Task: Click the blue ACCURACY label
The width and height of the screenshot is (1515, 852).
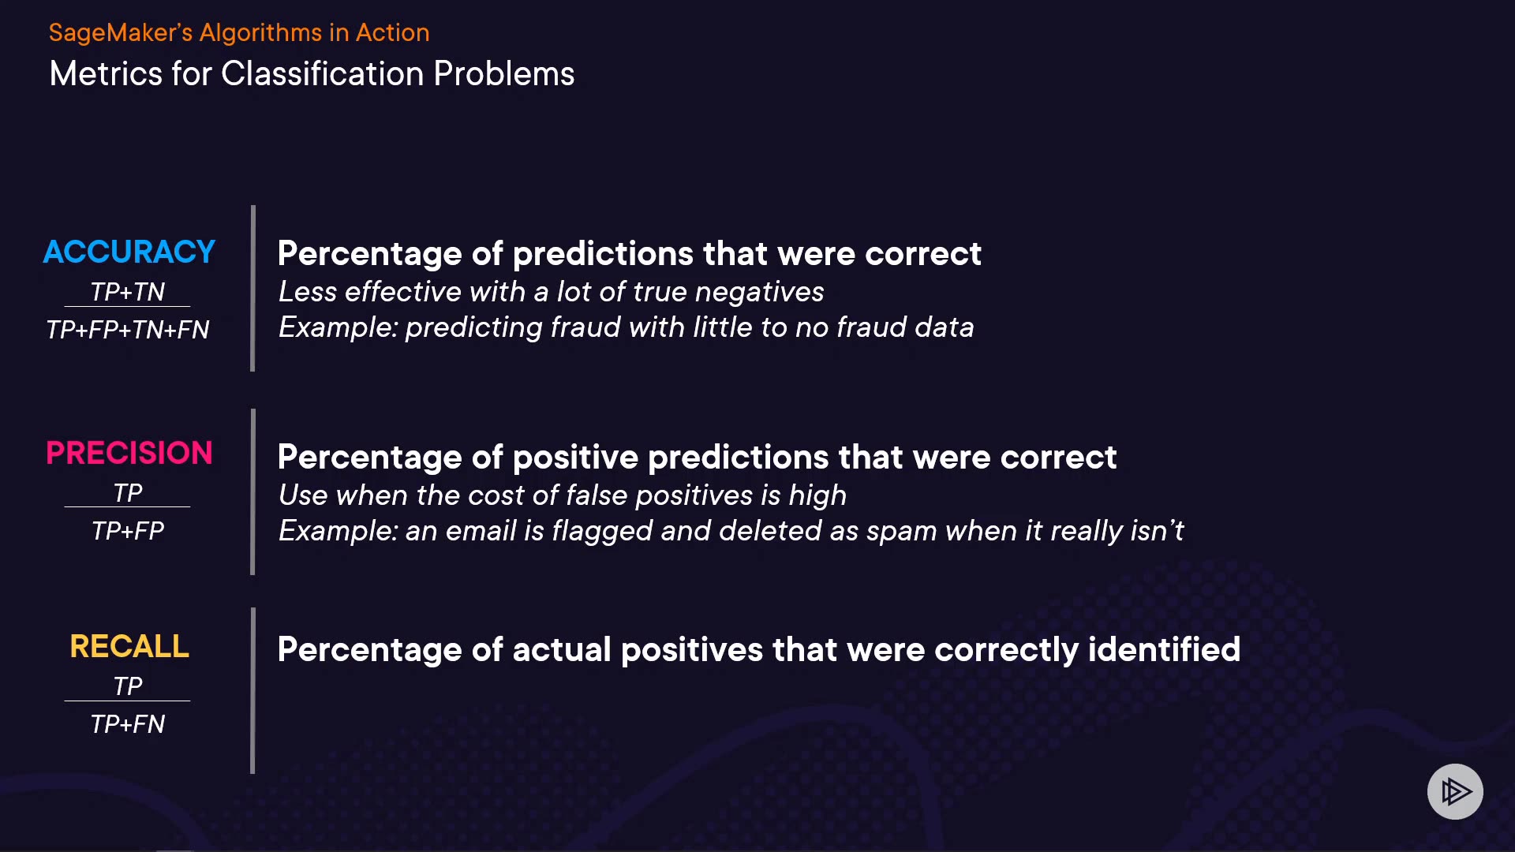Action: click(129, 252)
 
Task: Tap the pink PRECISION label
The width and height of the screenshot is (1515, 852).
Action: click(129, 453)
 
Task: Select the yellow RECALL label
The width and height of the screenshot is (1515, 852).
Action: click(129, 646)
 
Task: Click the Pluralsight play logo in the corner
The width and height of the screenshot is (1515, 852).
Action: click(1455, 791)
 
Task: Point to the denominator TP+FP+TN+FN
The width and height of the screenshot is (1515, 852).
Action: click(128, 329)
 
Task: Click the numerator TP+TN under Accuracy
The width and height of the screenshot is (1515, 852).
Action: click(128, 291)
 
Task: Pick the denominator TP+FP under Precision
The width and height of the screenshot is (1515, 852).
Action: click(128, 530)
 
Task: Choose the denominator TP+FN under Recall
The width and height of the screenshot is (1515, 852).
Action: click(128, 723)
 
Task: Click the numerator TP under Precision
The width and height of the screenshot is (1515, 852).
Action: click(128, 492)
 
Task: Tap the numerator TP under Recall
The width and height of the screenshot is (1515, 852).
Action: click(128, 686)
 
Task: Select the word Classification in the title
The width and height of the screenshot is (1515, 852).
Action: click(323, 73)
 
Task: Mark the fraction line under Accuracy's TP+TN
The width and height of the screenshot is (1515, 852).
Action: click(127, 307)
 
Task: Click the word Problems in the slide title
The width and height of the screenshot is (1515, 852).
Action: click(504, 73)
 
